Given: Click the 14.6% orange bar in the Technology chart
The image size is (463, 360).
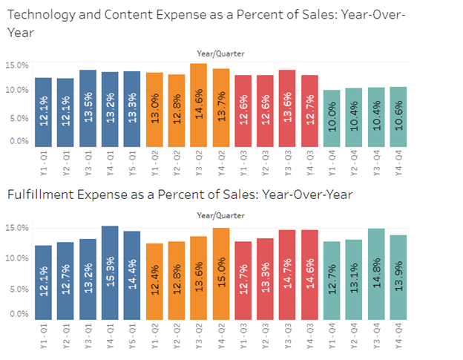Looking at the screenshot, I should pyautogui.click(x=198, y=105).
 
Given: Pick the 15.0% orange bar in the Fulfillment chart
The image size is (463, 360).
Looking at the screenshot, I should pyautogui.click(x=220, y=273).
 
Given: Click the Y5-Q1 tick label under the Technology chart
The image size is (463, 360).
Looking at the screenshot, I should pyautogui.click(x=133, y=161).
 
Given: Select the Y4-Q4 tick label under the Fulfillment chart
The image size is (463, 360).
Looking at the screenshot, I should pyautogui.click(x=400, y=335).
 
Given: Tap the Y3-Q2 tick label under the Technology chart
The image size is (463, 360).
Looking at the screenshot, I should pyautogui.click(x=199, y=161).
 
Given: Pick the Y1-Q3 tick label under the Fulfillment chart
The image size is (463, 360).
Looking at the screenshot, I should pyautogui.click(x=243, y=335).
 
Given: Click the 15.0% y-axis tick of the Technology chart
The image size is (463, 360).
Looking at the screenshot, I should pyautogui.click(x=17, y=65).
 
